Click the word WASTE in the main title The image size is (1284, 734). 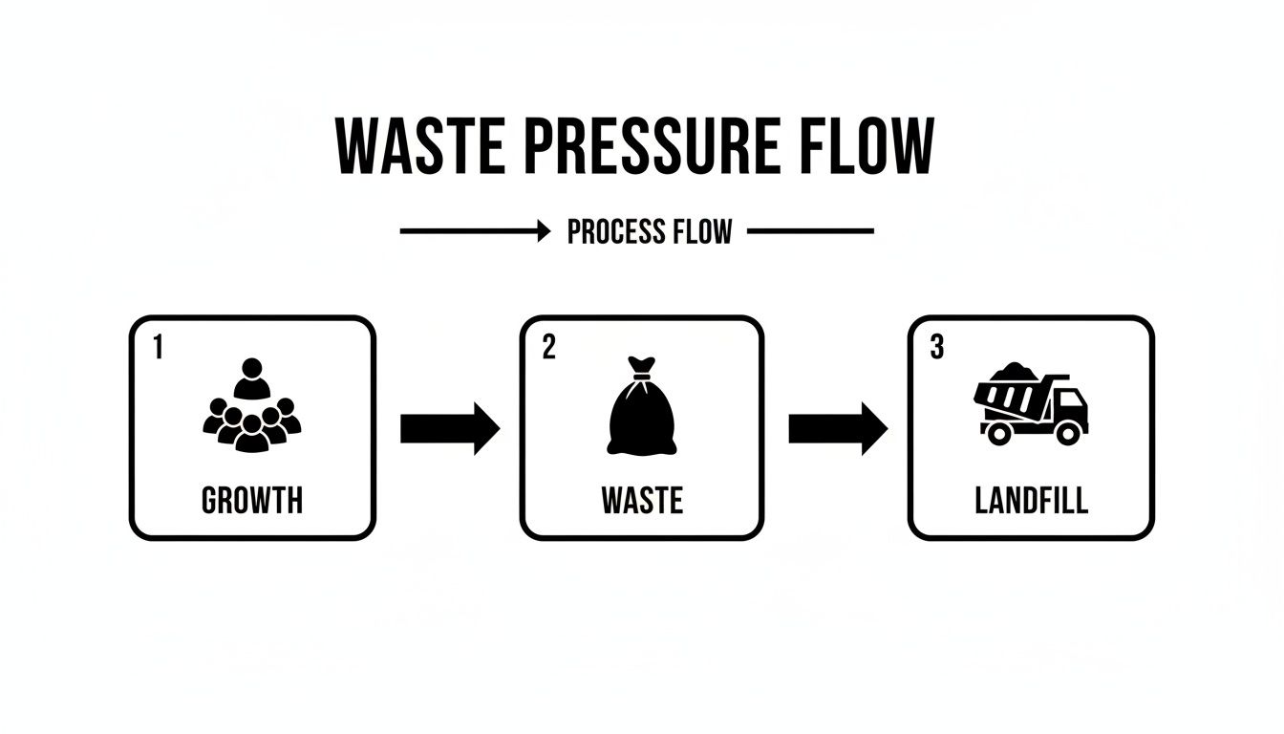(421, 147)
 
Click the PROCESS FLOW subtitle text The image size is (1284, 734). (650, 231)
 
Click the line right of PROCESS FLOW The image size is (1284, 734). (810, 231)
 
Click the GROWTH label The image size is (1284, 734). (252, 500)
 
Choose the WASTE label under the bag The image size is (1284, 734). (642, 500)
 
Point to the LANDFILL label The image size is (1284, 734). (1031, 500)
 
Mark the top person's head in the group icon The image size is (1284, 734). (252, 368)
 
